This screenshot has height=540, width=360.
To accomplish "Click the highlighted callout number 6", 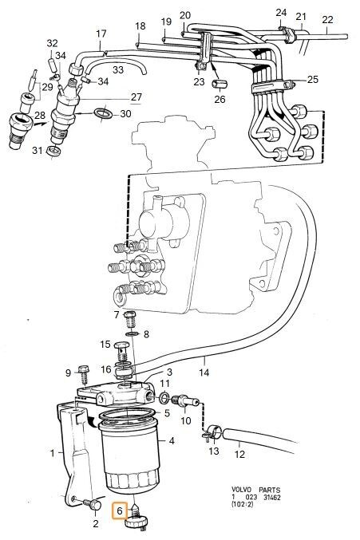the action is click(119, 510).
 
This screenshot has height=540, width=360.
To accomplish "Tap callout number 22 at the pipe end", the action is click(327, 20).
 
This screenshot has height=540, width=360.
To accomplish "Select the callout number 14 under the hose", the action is click(204, 372).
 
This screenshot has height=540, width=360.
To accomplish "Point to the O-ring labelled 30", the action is click(103, 113).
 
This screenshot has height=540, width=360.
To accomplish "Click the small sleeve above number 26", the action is click(218, 84).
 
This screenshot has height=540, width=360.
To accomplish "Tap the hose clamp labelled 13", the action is click(211, 432).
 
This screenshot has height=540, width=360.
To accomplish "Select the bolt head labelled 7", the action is click(130, 314).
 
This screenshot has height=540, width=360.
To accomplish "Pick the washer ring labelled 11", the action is click(164, 398).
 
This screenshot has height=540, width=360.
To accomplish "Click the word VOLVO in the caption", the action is click(242, 490).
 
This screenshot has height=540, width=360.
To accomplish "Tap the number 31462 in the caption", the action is click(272, 497).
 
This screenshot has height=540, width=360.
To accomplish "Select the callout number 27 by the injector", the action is click(136, 97).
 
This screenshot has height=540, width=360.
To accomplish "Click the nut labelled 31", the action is click(53, 151).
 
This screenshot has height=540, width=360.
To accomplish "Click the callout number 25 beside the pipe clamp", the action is click(312, 80).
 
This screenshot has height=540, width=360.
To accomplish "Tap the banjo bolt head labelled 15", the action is click(121, 345).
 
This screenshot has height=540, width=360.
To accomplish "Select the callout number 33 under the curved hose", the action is click(118, 69).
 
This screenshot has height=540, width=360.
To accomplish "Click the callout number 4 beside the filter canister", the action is click(172, 440).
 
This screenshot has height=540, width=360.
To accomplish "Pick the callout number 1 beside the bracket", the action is click(53, 452).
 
